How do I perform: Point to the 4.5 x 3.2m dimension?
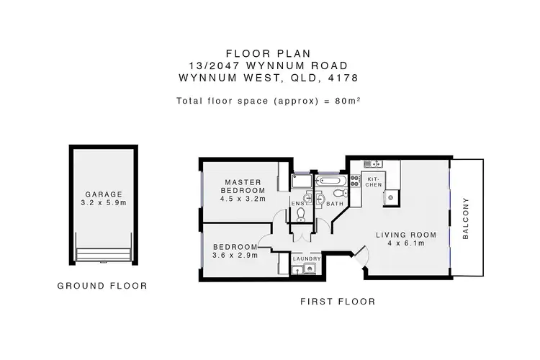click(x=243, y=199)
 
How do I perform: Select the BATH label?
click(x=335, y=204)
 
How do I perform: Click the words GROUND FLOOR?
click(x=102, y=286)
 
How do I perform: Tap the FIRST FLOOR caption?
click(x=338, y=302)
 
